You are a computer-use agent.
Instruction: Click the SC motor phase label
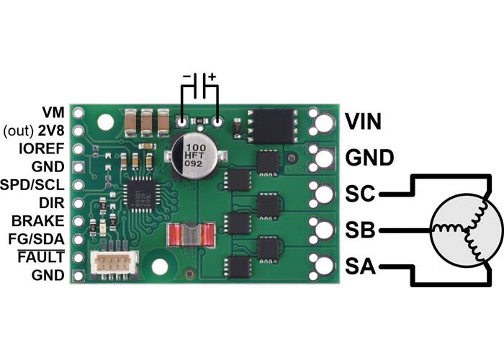361,193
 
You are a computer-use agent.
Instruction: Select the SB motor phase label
361,230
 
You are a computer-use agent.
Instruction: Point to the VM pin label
53,113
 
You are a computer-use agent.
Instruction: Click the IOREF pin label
45,149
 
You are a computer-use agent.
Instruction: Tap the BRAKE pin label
42,221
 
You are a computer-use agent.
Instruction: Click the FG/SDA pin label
37,239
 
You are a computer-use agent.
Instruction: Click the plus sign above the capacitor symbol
212,76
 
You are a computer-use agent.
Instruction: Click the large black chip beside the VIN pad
272,126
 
